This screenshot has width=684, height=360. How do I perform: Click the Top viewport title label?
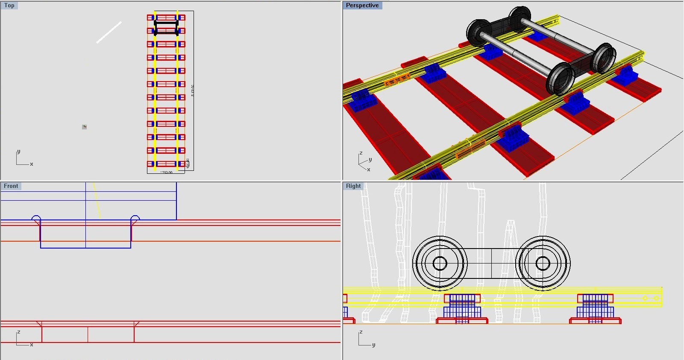tap(9, 6)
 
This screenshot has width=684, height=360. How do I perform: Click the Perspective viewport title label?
tap(362, 6)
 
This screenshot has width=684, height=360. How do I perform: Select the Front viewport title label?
tap(11, 186)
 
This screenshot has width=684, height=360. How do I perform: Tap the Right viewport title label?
tap(353, 186)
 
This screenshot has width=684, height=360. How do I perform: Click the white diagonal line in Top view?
tap(109, 32)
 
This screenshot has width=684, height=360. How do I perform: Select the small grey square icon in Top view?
tap(85, 127)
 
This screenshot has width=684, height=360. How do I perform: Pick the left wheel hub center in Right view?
tap(440, 263)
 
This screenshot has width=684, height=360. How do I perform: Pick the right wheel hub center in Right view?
tap(543, 263)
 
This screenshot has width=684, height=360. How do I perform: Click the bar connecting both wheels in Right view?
tap(491, 263)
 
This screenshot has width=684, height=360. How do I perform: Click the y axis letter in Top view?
tap(18, 152)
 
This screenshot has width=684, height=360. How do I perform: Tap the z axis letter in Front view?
tap(18, 332)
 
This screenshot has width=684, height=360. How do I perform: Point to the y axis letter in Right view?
tap(373, 345)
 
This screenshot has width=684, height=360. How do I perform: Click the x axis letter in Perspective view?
tap(369, 170)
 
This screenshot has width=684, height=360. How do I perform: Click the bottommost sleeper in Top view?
tap(166, 164)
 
